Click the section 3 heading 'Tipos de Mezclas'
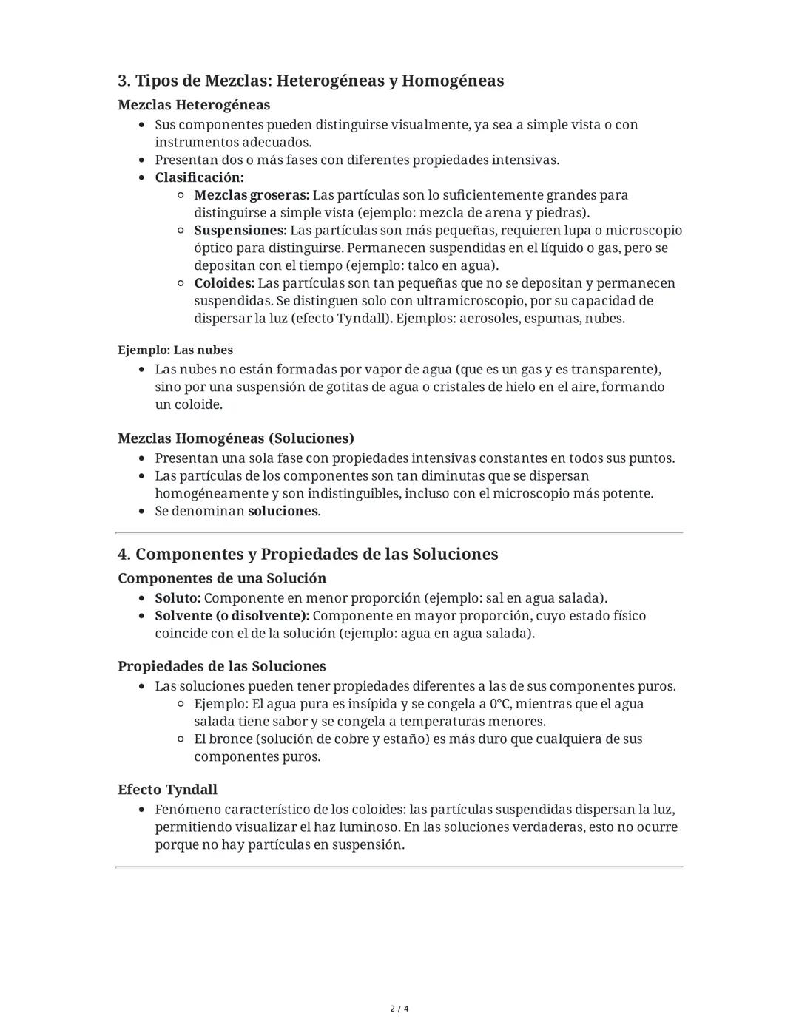311,81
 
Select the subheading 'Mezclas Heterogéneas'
194,105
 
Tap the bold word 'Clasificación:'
199,177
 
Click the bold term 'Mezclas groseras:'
252,195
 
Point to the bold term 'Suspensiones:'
240,231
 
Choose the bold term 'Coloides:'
224,283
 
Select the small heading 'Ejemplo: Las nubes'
175,350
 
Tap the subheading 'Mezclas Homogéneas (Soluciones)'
236,438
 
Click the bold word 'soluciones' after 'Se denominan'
283,511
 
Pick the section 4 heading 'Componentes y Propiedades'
308,555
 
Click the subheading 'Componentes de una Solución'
222,578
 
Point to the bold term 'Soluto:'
178,598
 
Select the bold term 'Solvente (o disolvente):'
232,616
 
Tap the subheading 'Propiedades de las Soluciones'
222,666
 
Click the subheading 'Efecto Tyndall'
167,790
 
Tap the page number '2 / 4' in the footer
399,1009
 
